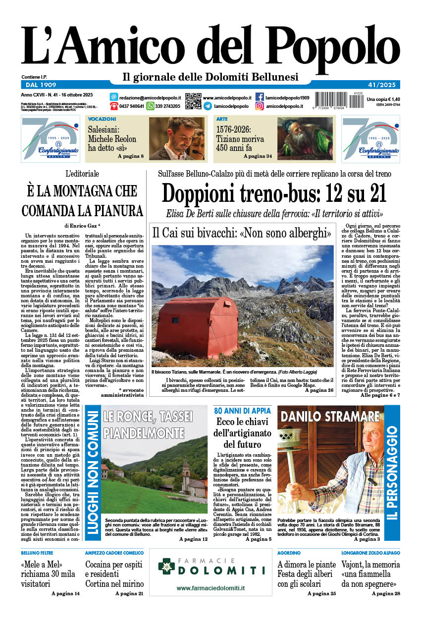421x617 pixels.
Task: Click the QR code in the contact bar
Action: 193,101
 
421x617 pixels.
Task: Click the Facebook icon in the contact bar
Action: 260,97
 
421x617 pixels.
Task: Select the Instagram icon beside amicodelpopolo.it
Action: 260,106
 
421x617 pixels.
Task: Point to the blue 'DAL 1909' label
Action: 39,85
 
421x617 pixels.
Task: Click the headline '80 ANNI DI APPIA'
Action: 242,411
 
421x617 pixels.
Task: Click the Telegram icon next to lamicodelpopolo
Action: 208,106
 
